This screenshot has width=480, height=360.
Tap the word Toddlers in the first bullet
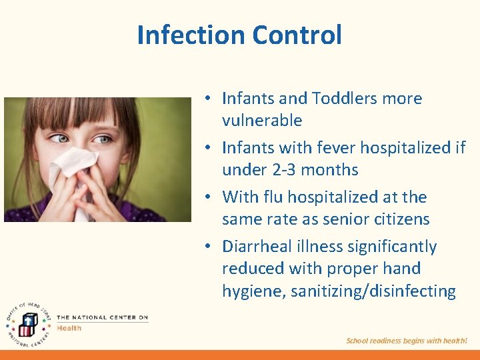(x=343, y=99)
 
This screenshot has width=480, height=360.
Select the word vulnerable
(x=262, y=121)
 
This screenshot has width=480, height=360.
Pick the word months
(x=333, y=170)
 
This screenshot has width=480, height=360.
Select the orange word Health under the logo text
(x=69, y=328)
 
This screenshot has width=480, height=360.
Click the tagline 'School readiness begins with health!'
(x=407, y=341)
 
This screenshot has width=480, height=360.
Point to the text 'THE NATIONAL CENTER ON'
(x=102, y=317)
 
